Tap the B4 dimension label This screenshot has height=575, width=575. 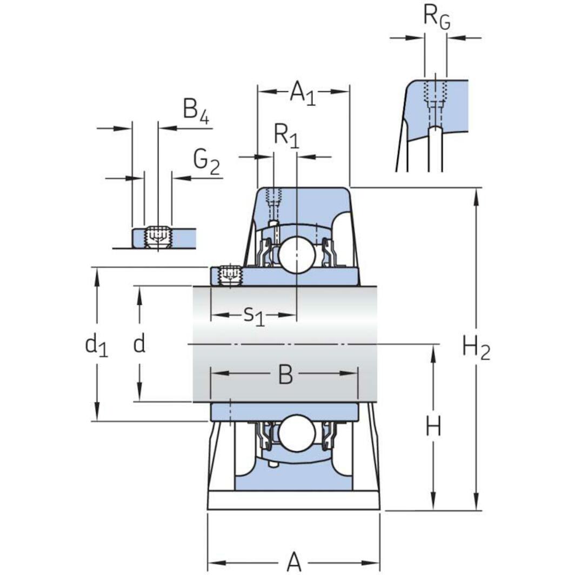click(x=196, y=110)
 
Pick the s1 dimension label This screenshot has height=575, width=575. click(x=253, y=315)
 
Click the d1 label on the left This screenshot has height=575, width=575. click(x=97, y=345)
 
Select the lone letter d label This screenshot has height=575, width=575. click(x=139, y=344)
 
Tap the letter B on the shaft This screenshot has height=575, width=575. click(x=285, y=374)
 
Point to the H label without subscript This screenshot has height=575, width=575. click(x=433, y=427)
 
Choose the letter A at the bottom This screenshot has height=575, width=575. click(x=293, y=562)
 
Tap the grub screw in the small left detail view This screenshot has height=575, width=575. click(x=157, y=237)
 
